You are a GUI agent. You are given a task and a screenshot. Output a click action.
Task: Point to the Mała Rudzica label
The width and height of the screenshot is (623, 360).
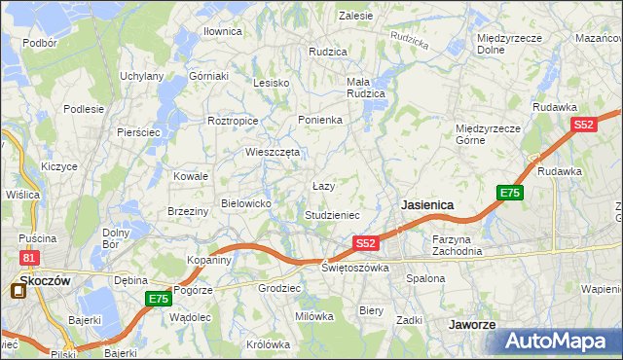pyautogui.click(x=366, y=88)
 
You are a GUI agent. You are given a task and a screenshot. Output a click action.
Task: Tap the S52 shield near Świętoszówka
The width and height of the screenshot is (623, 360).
pyautogui.click(x=365, y=242)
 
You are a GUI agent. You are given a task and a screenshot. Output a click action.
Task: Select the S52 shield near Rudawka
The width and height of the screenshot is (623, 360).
pyautogui.click(x=583, y=126)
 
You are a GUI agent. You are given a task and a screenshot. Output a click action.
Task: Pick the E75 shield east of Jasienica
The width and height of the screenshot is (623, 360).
pyautogui.click(x=510, y=193)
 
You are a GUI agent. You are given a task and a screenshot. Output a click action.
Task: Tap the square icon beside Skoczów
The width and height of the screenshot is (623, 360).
pyautogui.click(x=18, y=288)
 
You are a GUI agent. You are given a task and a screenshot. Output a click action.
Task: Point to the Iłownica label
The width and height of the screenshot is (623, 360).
pyautogui.click(x=222, y=31)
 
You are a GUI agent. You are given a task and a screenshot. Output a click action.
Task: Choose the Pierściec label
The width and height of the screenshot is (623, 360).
pyautogui.click(x=137, y=131)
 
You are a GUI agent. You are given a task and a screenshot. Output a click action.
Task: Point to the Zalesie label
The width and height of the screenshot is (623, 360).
pyautogui.click(x=355, y=16)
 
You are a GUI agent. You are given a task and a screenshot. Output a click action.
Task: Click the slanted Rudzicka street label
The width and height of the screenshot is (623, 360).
pyautogui.click(x=408, y=40)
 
